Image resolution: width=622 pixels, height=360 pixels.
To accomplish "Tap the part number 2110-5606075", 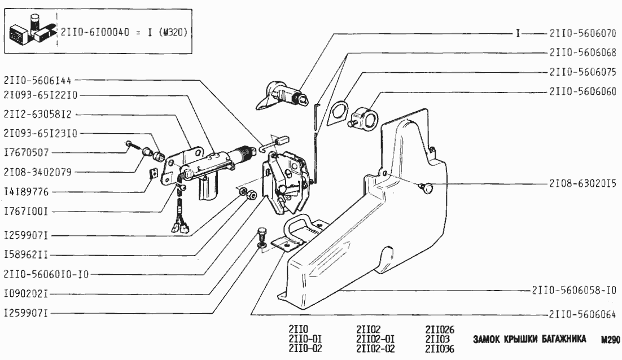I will (x=581, y=72).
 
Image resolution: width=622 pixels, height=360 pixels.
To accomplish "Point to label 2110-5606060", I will (x=581, y=91).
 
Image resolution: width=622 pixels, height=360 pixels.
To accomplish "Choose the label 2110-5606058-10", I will (x=573, y=290).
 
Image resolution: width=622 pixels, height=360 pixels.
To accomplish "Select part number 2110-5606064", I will (x=581, y=314).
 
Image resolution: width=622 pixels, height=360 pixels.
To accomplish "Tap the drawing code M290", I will (x=610, y=340).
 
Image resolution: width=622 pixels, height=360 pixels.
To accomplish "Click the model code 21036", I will (x=440, y=348).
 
